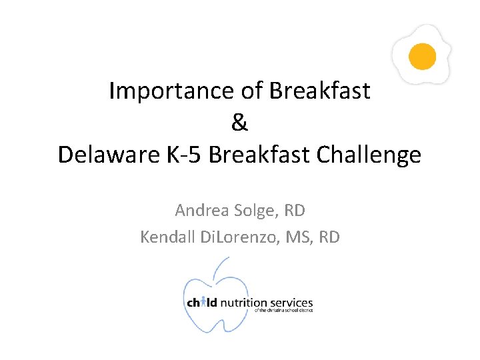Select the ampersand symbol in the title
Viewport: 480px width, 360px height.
(239, 123)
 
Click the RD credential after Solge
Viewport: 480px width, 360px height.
(294, 211)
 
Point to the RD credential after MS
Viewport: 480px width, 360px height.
(329, 237)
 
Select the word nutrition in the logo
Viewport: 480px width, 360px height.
(243, 303)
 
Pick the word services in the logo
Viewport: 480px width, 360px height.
(291, 303)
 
